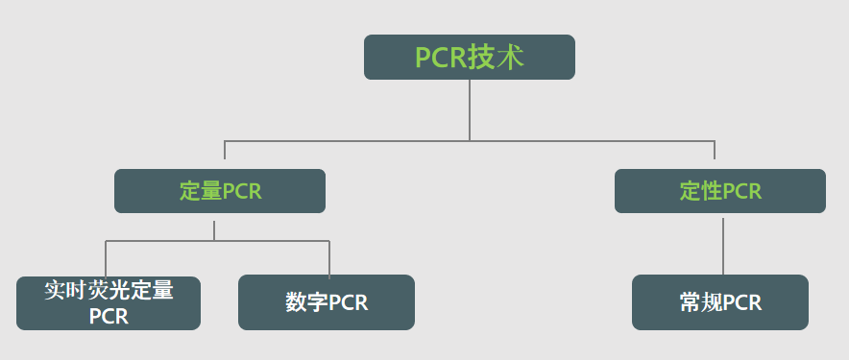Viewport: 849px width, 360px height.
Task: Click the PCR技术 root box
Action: pos(469,57)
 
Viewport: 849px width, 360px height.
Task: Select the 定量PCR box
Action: pos(219,191)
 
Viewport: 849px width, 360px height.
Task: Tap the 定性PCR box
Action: pos(719,191)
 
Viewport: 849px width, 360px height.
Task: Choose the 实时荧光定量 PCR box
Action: pos(109,303)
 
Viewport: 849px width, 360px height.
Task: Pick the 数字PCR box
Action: pos(326,302)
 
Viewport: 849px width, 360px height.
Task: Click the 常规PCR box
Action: pos(719,302)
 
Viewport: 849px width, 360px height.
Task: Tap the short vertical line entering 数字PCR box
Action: pos(329,258)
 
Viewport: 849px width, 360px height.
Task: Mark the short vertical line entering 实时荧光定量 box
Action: pos(106,258)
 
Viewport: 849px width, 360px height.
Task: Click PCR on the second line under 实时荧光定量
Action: pos(109,316)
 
